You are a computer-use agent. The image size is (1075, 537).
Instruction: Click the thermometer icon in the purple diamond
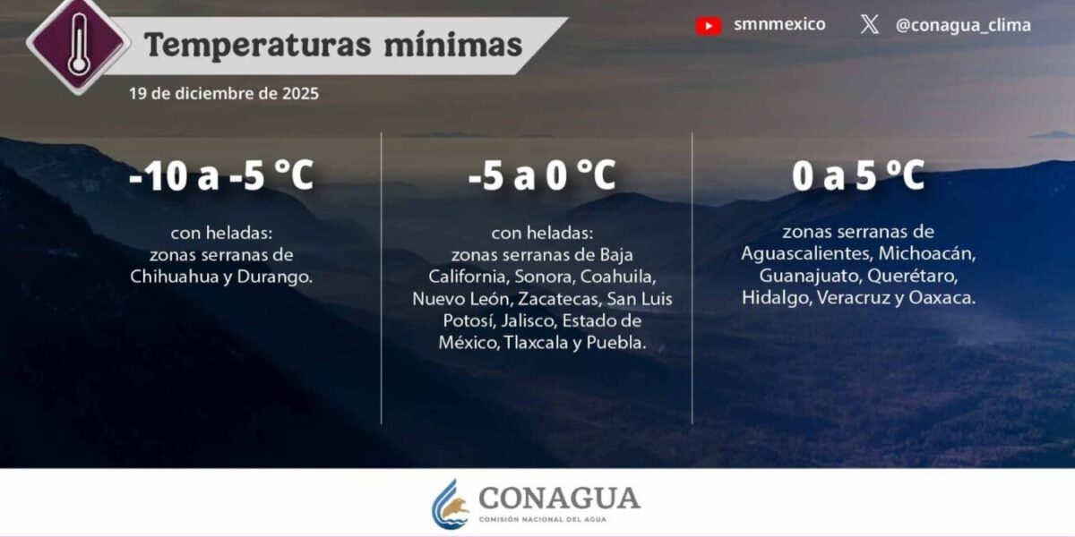click(79, 44)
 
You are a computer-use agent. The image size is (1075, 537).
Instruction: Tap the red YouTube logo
click(709, 26)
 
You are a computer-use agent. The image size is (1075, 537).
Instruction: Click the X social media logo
click(870, 24)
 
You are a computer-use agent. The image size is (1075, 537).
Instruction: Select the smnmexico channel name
click(779, 24)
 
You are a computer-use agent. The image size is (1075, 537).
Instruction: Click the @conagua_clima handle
click(963, 25)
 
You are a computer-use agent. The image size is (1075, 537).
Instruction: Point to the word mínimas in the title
click(453, 45)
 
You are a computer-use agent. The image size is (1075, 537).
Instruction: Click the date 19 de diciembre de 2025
click(224, 93)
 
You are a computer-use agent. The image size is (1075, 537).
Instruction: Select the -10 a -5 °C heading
click(221, 175)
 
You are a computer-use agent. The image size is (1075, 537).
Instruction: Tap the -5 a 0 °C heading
click(542, 175)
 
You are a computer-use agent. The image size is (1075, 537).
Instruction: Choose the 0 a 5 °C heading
click(858, 175)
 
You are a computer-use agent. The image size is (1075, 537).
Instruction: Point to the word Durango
click(274, 277)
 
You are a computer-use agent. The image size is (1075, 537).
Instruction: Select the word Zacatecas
click(559, 299)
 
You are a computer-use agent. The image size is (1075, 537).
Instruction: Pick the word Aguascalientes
click(806, 253)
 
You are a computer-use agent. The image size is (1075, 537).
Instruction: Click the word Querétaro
click(912, 276)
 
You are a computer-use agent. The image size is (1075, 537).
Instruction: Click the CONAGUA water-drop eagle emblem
click(450, 503)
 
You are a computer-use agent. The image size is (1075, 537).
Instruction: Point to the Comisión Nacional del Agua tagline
click(542, 519)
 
